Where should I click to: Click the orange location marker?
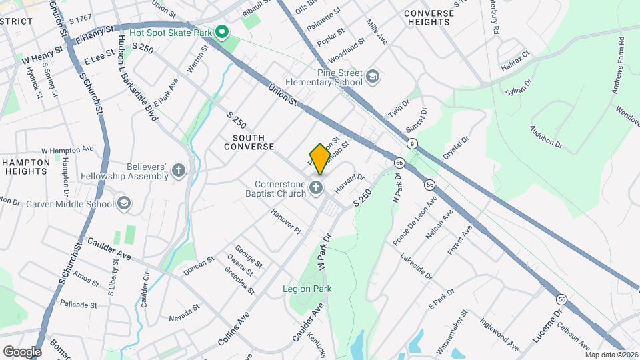[x=319, y=159]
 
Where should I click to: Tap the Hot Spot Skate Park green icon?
[x=223, y=31]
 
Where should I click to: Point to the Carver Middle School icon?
[x=123, y=203]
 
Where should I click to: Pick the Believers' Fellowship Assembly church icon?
[x=179, y=171]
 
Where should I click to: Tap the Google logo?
[x=22, y=351]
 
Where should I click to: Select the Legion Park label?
[x=307, y=289]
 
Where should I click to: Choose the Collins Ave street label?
[x=233, y=330]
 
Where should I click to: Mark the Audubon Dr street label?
[x=547, y=136]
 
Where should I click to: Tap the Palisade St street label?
[x=79, y=305]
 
